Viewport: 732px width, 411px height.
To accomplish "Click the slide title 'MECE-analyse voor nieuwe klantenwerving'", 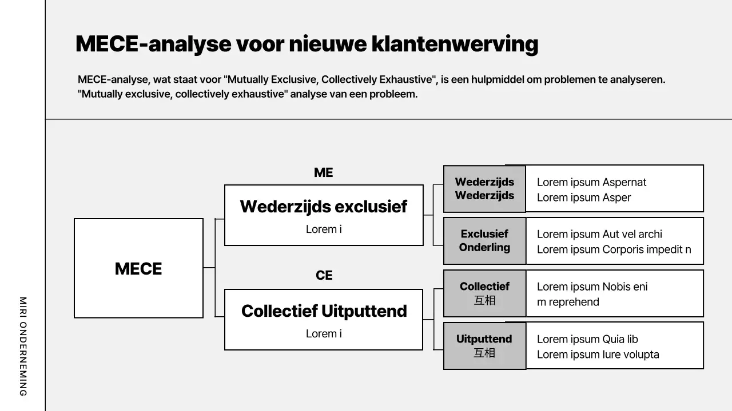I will pyautogui.click(x=307, y=44).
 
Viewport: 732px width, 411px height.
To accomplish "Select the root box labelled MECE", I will pyautogui.click(x=138, y=268).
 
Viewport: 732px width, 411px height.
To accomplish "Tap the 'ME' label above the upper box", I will pyautogui.click(x=323, y=172).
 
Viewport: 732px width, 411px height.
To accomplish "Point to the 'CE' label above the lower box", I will pyautogui.click(x=324, y=276).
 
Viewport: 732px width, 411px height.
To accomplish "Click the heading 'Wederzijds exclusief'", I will pyautogui.click(x=324, y=206).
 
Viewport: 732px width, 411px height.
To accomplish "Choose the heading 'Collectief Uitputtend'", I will pyautogui.click(x=324, y=311).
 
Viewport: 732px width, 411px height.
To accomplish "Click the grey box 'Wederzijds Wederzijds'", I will pyautogui.click(x=484, y=188).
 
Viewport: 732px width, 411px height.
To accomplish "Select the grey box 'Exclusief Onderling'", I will pyautogui.click(x=484, y=240).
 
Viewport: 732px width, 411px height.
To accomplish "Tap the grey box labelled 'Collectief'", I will pyautogui.click(x=484, y=293).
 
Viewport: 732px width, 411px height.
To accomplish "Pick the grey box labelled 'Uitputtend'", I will pyautogui.click(x=484, y=345).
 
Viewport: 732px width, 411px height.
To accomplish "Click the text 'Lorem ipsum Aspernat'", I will pyautogui.click(x=591, y=182).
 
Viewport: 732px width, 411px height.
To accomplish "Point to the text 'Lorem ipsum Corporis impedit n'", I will pyautogui.click(x=614, y=249).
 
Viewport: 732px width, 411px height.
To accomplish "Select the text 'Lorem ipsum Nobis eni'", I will pyautogui.click(x=592, y=287).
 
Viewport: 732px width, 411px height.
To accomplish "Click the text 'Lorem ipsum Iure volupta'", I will pyautogui.click(x=598, y=354).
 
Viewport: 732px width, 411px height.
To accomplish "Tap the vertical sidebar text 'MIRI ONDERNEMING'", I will pyautogui.click(x=23, y=346).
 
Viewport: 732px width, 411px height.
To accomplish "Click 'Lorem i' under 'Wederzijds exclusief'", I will pyautogui.click(x=324, y=229).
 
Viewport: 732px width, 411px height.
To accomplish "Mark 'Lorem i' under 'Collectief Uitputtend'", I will pyautogui.click(x=324, y=333).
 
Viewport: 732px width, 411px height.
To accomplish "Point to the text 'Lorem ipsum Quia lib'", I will pyautogui.click(x=587, y=339).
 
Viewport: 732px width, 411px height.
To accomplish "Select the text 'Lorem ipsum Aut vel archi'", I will pyautogui.click(x=599, y=234).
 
